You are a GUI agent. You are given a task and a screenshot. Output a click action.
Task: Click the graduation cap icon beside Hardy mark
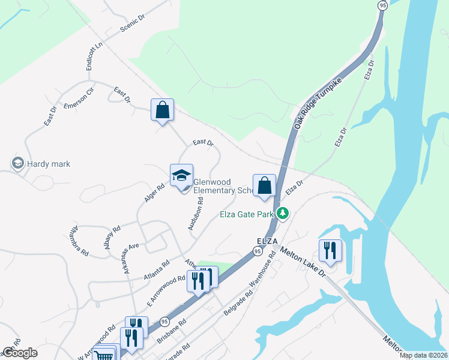17,163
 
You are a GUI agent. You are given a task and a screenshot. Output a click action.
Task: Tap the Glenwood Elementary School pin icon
182,176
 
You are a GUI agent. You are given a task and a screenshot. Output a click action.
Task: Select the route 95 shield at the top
382,5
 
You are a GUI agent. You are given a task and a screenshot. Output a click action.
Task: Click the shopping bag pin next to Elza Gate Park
264,185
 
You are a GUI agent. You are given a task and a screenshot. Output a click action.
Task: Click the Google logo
20,353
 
